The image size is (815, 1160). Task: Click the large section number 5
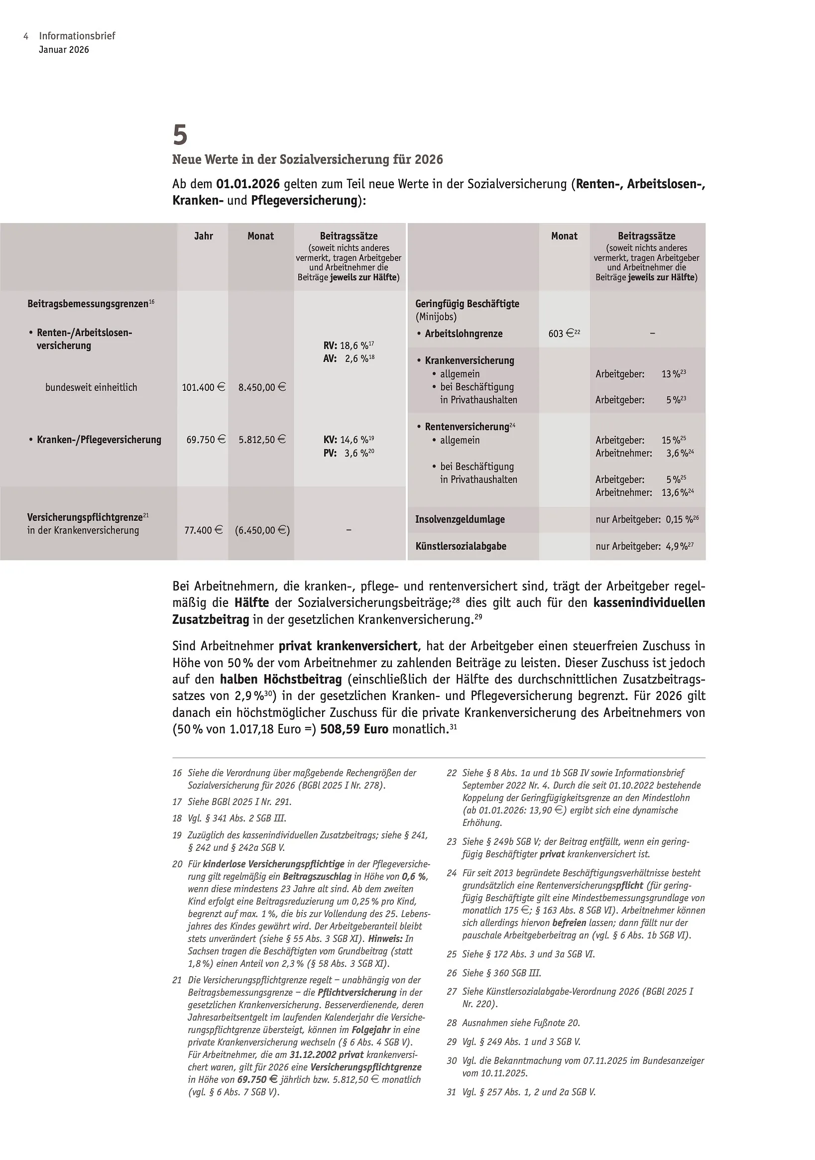click(180, 135)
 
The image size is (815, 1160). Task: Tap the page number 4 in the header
click(25, 36)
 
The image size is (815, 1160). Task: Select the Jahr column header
click(204, 236)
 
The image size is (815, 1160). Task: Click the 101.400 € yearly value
click(203, 387)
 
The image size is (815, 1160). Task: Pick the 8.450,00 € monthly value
click(262, 387)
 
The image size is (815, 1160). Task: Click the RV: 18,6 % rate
click(348, 346)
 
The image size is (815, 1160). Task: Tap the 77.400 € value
click(203, 531)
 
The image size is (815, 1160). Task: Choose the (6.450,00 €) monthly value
click(262, 531)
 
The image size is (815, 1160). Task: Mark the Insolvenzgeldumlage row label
click(460, 519)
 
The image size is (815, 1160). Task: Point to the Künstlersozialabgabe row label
click(461, 546)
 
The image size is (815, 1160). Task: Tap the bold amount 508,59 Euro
click(354, 729)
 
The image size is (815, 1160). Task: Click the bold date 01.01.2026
click(247, 184)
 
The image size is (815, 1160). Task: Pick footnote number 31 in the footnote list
click(451, 1092)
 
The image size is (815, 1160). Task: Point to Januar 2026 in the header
click(64, 49)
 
